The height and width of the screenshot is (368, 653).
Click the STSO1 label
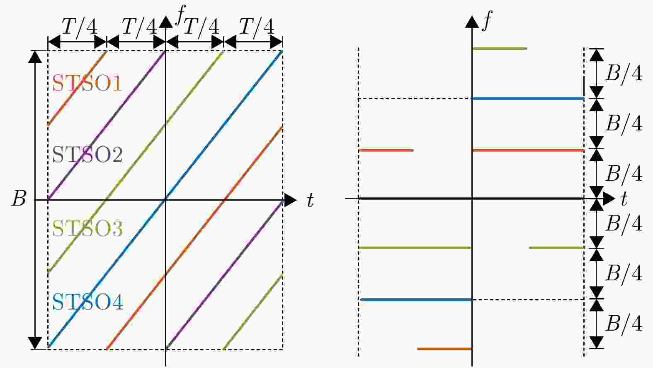(87, 83)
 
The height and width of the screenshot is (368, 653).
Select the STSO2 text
(87, 155)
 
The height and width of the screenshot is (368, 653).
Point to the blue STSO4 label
(87, 302)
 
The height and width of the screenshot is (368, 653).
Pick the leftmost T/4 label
(79, 27)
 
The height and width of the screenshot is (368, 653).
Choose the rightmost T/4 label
(257, 27)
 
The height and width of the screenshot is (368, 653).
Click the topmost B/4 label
(624, 73)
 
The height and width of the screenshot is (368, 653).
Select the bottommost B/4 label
(624, 324)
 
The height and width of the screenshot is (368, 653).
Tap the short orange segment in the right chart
(444, 349)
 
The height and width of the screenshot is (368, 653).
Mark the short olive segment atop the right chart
(500, 49)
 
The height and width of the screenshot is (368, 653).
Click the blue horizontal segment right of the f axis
(528, 99)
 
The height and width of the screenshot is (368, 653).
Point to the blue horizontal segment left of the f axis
(416, 299)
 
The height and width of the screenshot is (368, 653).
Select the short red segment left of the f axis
(386, 150)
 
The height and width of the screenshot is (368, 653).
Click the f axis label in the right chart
(487, 20)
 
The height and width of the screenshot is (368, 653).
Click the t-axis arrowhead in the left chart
(290, 200)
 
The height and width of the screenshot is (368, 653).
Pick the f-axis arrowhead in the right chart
(472, 22)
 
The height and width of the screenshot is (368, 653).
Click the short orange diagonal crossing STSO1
(77, 88)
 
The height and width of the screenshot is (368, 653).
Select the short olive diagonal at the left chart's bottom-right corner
(253, 312)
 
